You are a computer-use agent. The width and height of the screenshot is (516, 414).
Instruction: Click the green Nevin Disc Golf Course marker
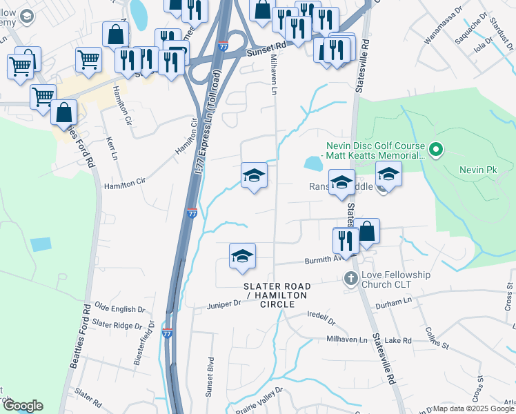click(x=435, y=149)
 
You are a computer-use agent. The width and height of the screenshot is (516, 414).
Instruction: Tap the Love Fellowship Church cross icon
click(x=350, y=279)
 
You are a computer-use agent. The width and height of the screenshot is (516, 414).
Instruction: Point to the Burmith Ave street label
click(x=324, y=261)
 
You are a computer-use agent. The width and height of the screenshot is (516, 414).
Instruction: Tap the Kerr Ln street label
click(x=112, y=146)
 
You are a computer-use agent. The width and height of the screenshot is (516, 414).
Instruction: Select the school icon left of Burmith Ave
click(x=242, y=257)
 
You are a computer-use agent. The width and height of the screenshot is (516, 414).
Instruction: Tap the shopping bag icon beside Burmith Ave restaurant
click(x=367, y=233)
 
